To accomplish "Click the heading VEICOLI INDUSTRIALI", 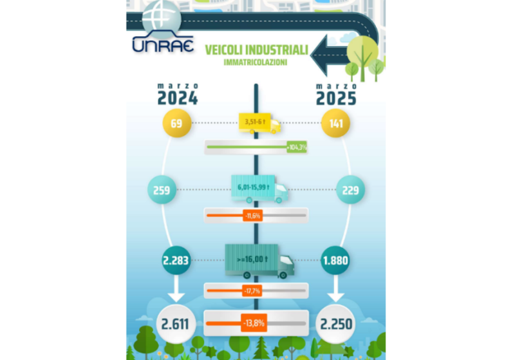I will (x=256, y=50).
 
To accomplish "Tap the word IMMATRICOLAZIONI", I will (x=256, y=62).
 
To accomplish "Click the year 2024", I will (x=178, y=98).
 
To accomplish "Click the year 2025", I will (x=335, y=98).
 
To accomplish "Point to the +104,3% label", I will (x=297, y=147).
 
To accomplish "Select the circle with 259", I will (x=176, y=190).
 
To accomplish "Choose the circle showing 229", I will (x=335, y=190).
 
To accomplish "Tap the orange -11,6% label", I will (x=252, y=216).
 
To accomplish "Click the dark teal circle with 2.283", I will (x=176, y=261).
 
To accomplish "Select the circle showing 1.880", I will (x=335, y=261).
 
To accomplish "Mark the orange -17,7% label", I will (x=252, y=291).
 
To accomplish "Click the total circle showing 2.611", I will (x=176, y=323).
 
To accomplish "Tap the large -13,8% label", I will (x=254, y=322).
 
